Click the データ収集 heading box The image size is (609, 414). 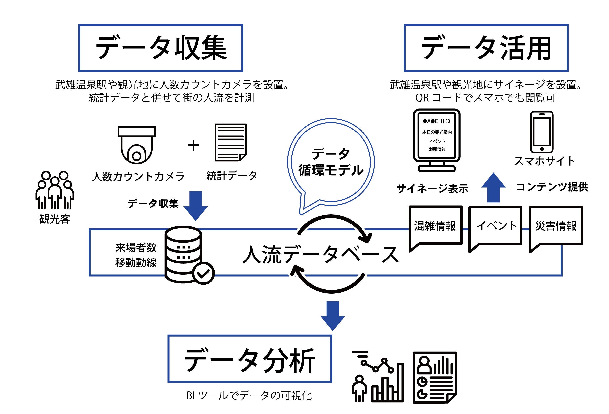[x=160, y=48]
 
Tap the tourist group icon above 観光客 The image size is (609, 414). [x=55, y=190]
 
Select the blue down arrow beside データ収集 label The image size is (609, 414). [x=196, y=206]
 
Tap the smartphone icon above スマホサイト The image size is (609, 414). [x=542, y=132]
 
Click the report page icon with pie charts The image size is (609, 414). [x=435, y=377]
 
